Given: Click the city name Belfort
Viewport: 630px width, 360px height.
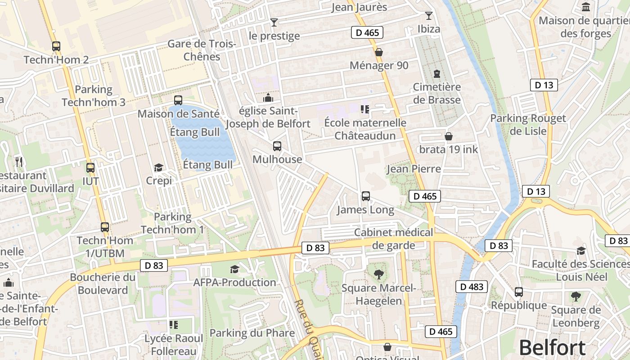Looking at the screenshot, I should (552, 348).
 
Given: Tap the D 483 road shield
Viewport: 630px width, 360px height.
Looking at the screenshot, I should (472, 287).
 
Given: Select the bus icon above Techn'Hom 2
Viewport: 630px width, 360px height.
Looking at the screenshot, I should (56, 46).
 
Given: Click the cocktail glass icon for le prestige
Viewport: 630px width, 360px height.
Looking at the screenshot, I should (274, 22).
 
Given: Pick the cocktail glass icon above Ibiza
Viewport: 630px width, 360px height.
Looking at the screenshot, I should (428, 16).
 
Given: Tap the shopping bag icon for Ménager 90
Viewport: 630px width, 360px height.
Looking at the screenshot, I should (379, 52).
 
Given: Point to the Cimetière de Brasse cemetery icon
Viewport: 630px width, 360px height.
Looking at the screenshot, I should (436, 73).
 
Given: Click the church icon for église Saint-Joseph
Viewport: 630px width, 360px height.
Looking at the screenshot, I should (268, 98).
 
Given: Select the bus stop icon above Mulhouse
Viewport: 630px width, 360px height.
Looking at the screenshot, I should (277, 146).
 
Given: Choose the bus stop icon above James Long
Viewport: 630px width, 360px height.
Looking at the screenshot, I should (366, 196).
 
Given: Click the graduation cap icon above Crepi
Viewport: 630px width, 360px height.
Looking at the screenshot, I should (158, 168).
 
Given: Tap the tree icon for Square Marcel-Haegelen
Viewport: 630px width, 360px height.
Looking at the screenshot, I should (379, 274).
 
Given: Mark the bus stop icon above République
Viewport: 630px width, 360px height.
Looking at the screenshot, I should (519, 292).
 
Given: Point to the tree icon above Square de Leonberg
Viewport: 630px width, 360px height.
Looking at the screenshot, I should (576, 297).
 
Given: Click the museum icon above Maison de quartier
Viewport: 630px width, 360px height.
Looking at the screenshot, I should (586, 7).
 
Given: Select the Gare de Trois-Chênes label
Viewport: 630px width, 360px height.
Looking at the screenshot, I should (202, 50).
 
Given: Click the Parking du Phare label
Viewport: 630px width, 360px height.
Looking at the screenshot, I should (252, 333).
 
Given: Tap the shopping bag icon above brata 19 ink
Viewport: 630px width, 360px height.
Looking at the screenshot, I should (449, 136).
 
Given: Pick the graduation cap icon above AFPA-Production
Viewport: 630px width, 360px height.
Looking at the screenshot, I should (234, 269).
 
